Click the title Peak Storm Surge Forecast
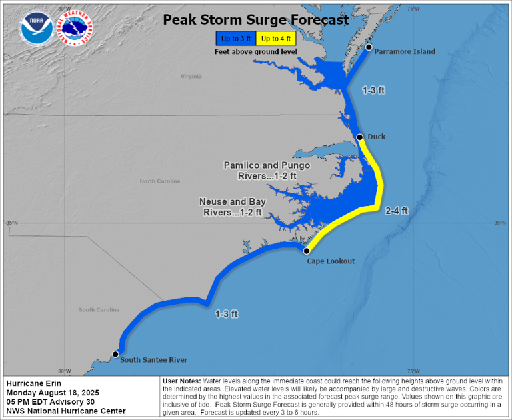pyautogui.click(x=256, y=20)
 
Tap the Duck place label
pyautogui.click(x=377, y=137)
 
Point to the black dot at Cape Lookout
pyautogui.click(x=307, y=251)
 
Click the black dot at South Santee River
pyautogui.click(x=115, y=354)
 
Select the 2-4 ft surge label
pyautogui.click(x=397, y=211)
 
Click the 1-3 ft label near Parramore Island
pyautogui.click(x=373, y=89)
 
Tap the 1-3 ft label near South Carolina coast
pyautogui.click(x=227, y=313)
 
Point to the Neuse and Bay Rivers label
pyautogui.click(x=233, y=207)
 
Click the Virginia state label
pyautogui.click(x=191, y=77)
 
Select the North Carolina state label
pyautogui.click(x=160, y=181)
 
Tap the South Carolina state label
pyautogui.click(x=99, y=309)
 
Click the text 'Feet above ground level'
pyautogui.click(x=256, y=52)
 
